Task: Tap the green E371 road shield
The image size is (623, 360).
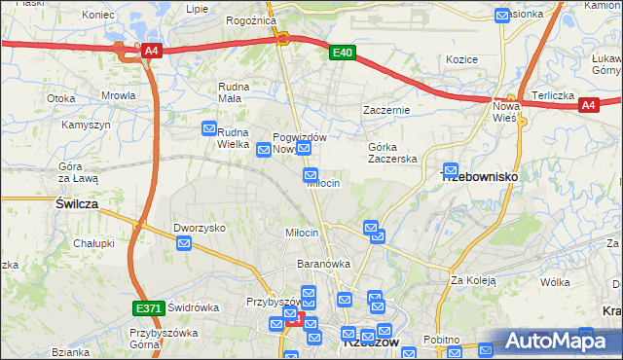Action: (x=148, y=308)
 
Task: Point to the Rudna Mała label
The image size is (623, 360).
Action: (x=234, y=92)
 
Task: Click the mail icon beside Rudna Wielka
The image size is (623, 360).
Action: (x=209, y=128)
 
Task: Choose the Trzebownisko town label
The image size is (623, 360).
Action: (x=480, y=177)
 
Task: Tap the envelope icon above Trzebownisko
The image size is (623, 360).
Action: (x=450, y=168)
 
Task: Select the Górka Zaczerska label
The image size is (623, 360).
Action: (x=392, y=152)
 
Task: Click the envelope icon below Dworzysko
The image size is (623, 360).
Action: (x=184, y=242)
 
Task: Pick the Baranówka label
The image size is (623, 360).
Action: (x=323, y=264)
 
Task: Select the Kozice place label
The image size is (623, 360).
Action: (x=461, y=59)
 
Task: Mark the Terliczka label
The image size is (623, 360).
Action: (x=551, y=96)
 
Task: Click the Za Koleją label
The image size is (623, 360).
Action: (x=473, y=280)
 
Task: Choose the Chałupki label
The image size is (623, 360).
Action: (x=94, y=243)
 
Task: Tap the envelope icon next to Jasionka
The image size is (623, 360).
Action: (x=502, y=15)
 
